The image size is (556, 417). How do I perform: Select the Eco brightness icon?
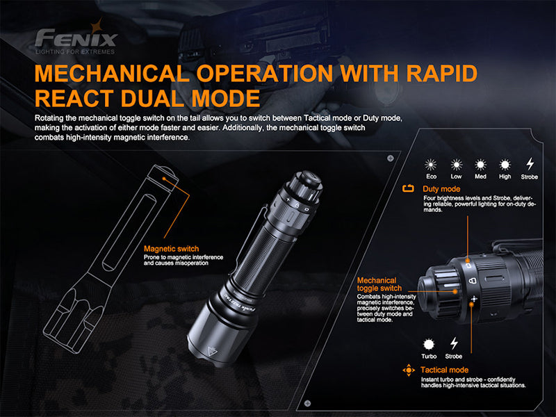(432, 165)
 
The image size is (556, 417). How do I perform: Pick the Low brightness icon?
(456, 165)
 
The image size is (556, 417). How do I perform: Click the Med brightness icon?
(480, 165)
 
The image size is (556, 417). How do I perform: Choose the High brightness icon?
(505, 165)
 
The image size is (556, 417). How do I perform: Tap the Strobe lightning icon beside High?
(530, 165)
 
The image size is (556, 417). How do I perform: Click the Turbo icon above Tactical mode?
(429, 343)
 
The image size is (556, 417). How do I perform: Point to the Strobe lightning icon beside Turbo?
(454, 343)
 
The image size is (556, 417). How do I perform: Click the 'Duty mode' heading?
(441, 189)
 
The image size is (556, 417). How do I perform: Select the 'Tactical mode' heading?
(444, 370)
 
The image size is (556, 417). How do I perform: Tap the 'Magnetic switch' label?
(171, 249)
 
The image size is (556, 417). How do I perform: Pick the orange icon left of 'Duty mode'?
(409, 189)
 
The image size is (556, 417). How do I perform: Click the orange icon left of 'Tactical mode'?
(409, 370)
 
